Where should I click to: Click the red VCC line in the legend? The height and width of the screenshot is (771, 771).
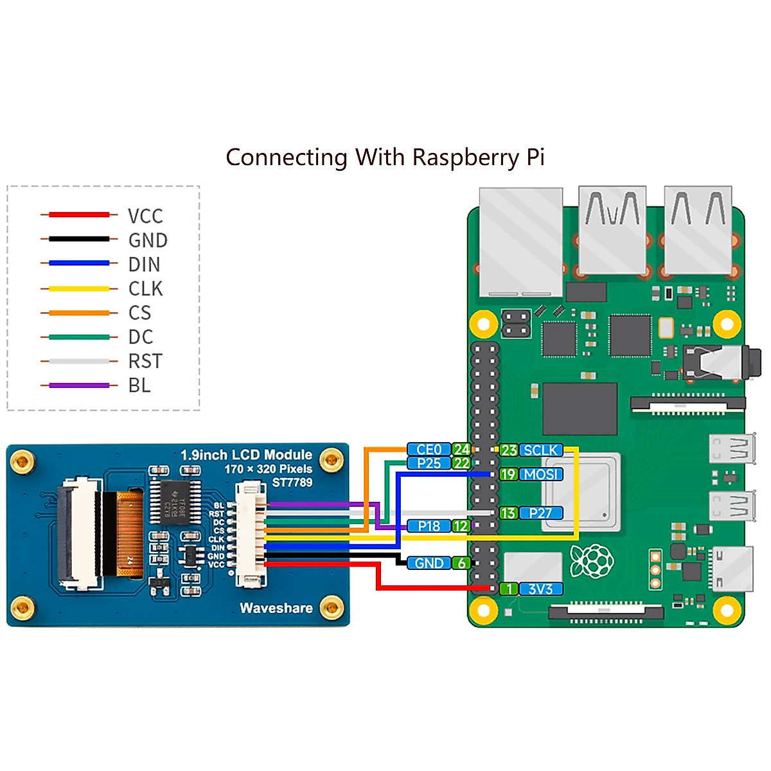79,215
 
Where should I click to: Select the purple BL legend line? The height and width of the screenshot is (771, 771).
79,385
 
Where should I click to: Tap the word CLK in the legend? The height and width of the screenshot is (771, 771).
146,289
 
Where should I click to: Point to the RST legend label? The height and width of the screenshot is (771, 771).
145,361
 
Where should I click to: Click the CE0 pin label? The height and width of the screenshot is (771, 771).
429,450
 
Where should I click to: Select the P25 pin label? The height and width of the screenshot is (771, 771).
429,463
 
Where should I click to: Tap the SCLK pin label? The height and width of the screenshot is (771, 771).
541,450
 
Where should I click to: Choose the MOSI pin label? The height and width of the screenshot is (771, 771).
541,475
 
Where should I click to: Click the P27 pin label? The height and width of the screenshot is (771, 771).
541,513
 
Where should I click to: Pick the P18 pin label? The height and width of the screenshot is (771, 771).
429,526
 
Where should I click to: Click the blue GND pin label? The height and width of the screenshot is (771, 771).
429,563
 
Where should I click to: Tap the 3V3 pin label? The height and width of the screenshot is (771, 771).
540,589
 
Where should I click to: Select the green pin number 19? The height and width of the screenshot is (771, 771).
508,475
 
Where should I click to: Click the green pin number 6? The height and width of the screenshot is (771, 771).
461,563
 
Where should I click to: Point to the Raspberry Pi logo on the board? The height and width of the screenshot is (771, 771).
592,561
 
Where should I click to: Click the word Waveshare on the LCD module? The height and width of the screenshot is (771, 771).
276,608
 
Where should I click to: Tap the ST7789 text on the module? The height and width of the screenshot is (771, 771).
292,483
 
